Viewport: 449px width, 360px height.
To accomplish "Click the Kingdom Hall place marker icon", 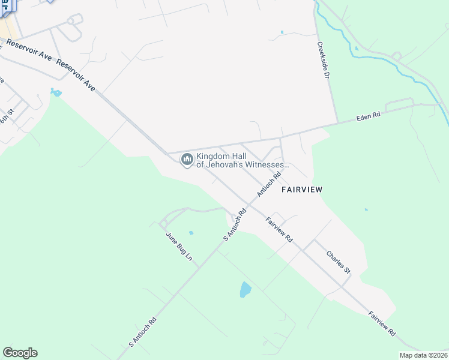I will click(187, 160).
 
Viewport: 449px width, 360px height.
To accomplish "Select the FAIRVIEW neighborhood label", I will click(303, 190).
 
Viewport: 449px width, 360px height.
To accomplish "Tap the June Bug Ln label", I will click(179, 246).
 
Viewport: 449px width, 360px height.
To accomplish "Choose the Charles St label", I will click(338, 263).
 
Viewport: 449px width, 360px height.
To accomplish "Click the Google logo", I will click(20, 353).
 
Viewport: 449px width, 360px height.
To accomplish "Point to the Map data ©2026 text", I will click(423, 355).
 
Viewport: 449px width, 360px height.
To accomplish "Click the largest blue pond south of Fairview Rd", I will click(246, 290).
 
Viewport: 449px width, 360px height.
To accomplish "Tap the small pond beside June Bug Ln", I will click(191, 233).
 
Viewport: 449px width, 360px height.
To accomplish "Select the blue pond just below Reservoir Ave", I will click(56, 92).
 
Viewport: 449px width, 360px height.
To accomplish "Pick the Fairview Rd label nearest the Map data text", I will click(382, 323).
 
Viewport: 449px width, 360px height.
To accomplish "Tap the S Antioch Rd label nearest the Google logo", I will click(142, 332).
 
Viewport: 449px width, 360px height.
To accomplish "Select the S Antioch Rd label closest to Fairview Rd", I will click(235, 225).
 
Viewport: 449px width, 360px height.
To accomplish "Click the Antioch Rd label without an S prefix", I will click(270, 185).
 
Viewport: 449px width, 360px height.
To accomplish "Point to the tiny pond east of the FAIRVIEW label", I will click(366, 210).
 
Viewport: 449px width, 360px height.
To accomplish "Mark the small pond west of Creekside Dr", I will click(281, 32).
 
